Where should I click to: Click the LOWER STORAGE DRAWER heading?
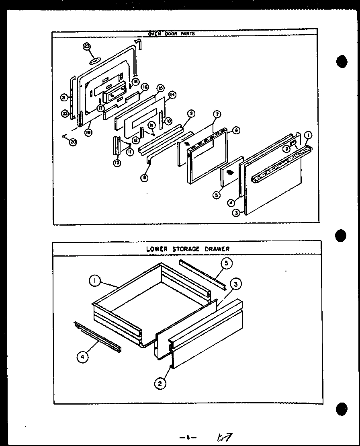[x=188, y=249]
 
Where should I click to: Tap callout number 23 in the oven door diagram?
[x=87, y=47]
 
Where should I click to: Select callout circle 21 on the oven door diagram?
[x=64, y=97]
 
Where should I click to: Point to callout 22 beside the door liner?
[x=65, y=114]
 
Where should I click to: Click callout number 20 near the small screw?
[x=73, y=142]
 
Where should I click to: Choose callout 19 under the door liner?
[x=88, y=131]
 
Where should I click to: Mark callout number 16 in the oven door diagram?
[x=145, y=87]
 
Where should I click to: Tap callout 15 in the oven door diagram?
[x=160, y=88]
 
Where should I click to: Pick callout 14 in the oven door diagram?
[x=172, y=95]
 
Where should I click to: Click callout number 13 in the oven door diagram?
[x=117, y=163]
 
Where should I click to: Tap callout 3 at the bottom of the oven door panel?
[x=237, y=213]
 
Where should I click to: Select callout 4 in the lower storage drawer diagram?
[x=82, y=356]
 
